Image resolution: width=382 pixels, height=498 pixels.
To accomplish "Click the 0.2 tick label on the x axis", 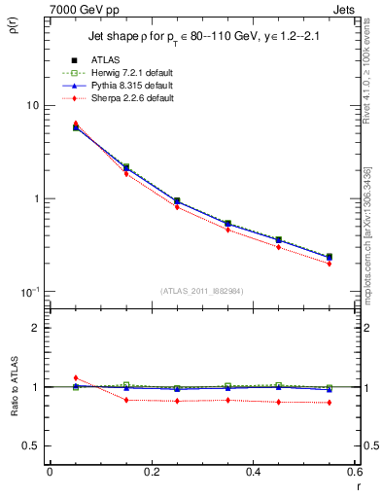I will (152, 472).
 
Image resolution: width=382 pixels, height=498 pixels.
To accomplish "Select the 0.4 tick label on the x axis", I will (253, 472).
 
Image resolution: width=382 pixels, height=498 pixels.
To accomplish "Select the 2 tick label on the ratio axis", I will (36, 328).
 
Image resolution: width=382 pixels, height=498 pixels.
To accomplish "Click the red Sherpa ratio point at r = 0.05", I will (76, 377).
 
